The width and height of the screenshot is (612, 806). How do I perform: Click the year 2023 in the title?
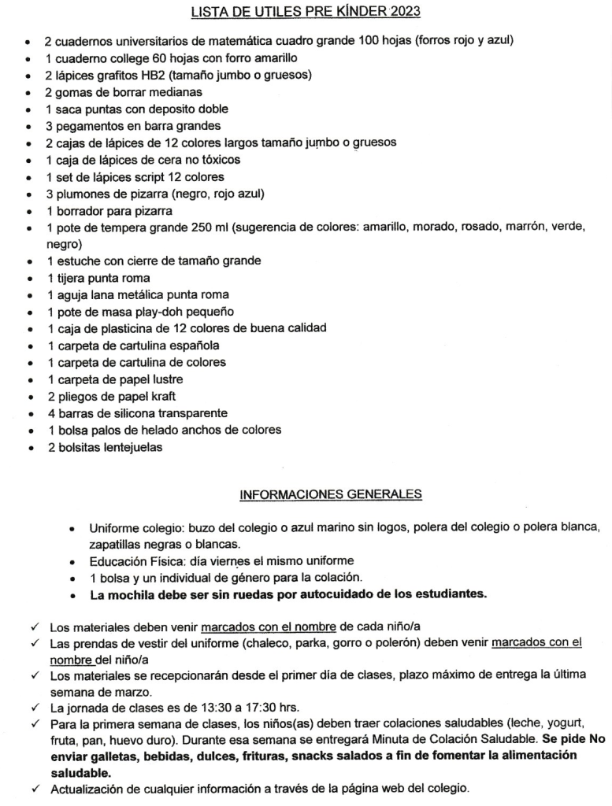[404, 11]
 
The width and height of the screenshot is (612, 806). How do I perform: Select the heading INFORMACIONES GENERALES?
[330, 494]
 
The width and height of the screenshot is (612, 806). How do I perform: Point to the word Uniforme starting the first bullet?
[113, 527]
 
